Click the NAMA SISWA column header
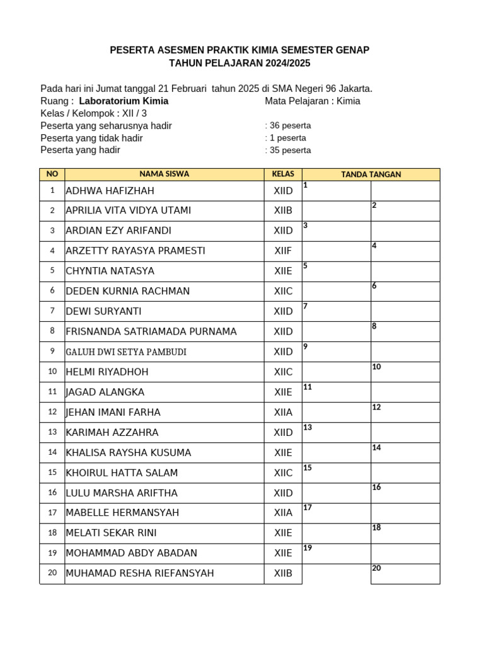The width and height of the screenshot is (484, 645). pyautogui.click(x=164, y=174)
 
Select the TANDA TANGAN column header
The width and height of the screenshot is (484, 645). pyautogui.click(x=371, y=174)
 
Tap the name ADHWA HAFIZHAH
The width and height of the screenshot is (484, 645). pyautogui.click(x=110, y=191)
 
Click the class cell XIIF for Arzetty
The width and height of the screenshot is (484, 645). pyautogui.click(x=283, y=251)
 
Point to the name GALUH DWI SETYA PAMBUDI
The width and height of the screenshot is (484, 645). pyautogui.click(x=126, y=352)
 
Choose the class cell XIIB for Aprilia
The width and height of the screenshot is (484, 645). pyautogui.click(x=283, y=210)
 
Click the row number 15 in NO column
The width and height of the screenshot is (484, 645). pyautogui.click(x=52, y=472)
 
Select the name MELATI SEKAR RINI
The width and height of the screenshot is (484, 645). pyautogui.click(x=111, y=533)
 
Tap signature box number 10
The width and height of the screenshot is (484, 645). pyautogui.click(x=405, y=372)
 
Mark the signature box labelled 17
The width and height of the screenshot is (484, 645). pyautogui.click(x=336, y=513)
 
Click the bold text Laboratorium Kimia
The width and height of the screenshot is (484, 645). pyautogui.click(x=124, y=101)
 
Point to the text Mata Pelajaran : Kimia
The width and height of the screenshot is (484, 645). pyautogui.click(x=313, y=101)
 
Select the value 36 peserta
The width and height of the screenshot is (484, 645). pyautogui.click(x=290, y=125)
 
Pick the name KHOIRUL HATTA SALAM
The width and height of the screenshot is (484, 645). pyautogui.click(x=122, y=473)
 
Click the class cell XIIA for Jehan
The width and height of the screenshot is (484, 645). pyautogui.click(x=283, y=413)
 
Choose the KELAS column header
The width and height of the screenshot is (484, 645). pyautogui.click(x=283, y=174)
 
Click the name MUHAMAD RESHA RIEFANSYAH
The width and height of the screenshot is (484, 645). pyautogui.click(x=140, y=573)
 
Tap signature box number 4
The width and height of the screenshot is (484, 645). pyautogui.click(x=405, y=251)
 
